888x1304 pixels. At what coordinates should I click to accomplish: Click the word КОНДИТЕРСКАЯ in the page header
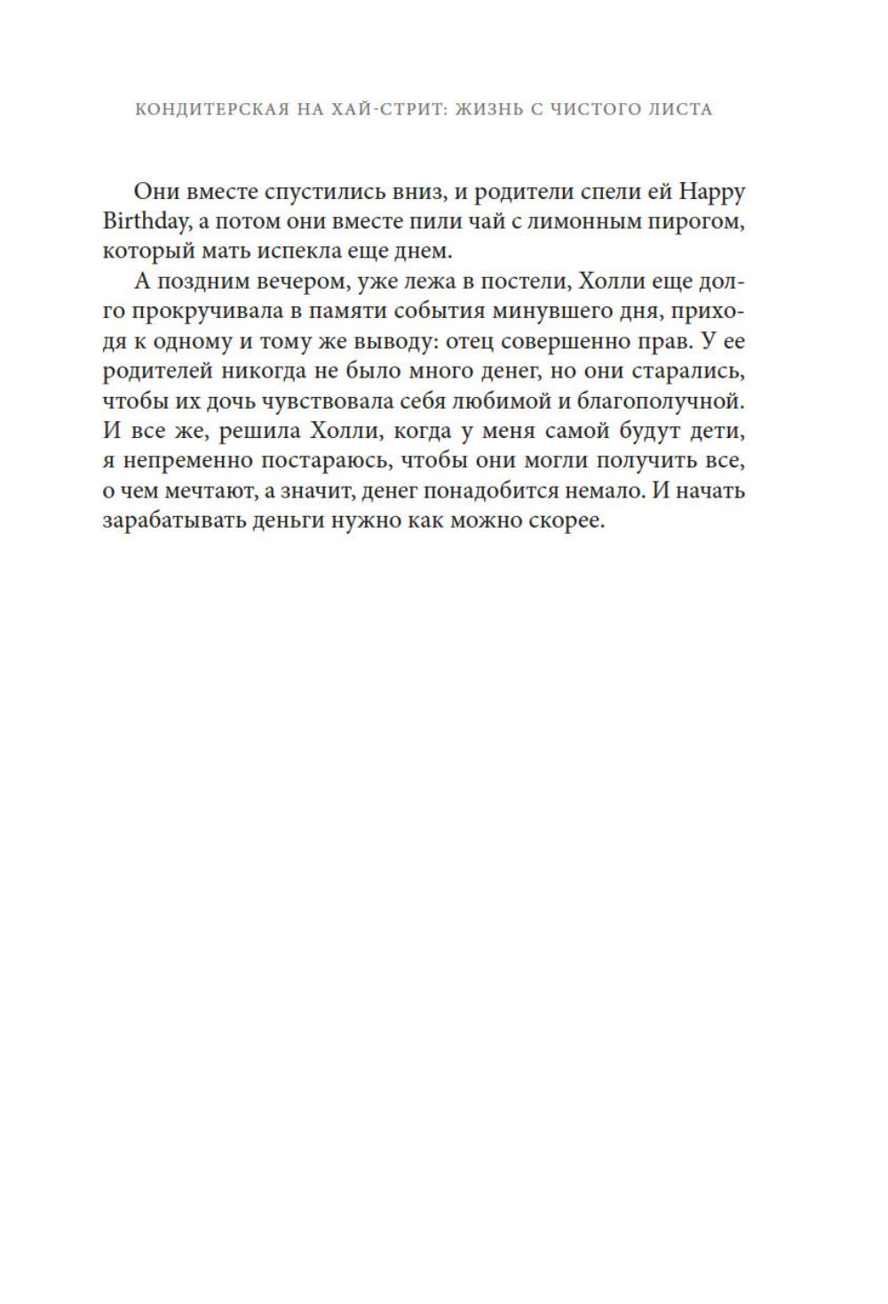coord(211,109)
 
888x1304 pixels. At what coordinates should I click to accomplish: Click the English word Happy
coord(712,191)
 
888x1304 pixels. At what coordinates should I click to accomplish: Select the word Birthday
coord(141,221)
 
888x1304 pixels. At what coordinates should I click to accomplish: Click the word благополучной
coord(660,402)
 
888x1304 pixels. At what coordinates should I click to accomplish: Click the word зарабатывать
coord(163,521)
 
